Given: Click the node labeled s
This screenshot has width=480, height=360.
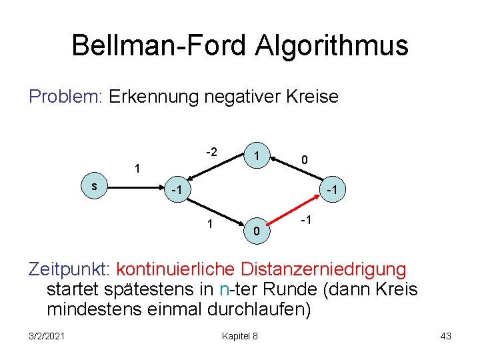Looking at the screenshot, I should coord(94,187).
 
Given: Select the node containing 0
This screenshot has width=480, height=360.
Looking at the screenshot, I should coord(255,230).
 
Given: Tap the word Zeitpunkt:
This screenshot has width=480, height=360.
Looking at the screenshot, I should coord(69,269).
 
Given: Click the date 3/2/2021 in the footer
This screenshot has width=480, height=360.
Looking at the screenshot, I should coord(47,336).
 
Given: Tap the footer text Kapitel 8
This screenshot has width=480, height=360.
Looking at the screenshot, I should coord(239,336).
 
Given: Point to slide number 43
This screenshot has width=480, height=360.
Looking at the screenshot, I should coord(445,336).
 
